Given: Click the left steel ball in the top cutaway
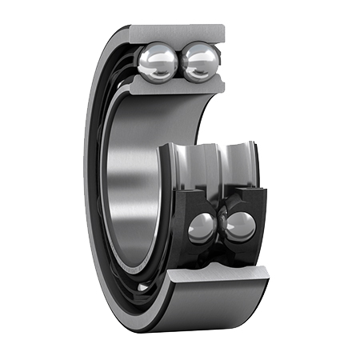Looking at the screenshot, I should tap(157, 62).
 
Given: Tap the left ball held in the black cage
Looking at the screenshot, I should tap(201, 228).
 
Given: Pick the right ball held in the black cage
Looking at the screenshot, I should tap(239, 226).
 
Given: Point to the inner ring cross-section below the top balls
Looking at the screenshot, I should tap(180, 86).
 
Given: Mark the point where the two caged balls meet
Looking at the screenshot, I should tap(220, 227).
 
